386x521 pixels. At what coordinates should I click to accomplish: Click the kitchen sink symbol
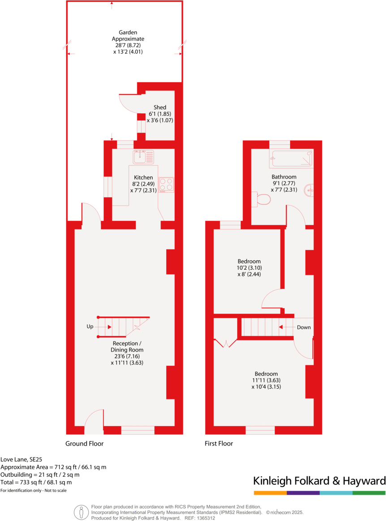[x=143, y=157]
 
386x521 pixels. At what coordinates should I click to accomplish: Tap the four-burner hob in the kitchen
[x=166, y=185]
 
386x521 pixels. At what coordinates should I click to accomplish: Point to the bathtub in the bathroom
[x=292, y=159]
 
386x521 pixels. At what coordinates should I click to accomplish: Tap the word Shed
[x=160, y=107]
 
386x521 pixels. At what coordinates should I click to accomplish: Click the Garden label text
[x=128, y=33]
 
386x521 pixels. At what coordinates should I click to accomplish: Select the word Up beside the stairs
[x=90, y=327]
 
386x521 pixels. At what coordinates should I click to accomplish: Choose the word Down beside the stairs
[x=304, y=327]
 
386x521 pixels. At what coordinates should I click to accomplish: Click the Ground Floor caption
[x=85, y=444]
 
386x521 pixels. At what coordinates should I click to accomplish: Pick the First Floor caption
[x=219, y=444]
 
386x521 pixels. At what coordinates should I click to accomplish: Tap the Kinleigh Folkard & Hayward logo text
[x=319, y=481]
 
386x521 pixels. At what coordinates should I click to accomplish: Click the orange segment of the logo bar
[x=270, y=493]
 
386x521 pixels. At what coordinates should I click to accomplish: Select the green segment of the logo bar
[x=369, y=493]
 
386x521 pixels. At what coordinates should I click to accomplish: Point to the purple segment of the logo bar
[x=303, y=493]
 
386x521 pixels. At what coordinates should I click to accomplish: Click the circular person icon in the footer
[x=81, y=512]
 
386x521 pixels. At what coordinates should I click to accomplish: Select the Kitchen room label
[x=143, y=178]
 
